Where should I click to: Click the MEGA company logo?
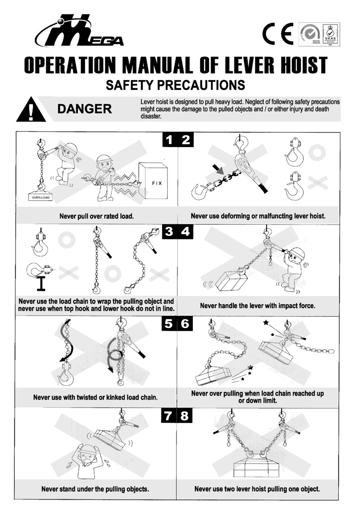[79, 31]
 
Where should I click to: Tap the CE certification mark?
[278, 34]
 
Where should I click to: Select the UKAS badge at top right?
[331, 34]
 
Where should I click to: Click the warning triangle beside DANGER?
[31, 109]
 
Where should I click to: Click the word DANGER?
[85, 109]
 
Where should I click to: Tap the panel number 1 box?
[169, 140]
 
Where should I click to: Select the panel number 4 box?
[185, 231]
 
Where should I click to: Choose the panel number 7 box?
[168, 415]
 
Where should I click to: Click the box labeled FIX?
[153, 181]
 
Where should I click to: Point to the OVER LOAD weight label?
[40, 197]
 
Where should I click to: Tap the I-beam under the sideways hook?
[40, 284]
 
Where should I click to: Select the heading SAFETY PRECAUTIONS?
[175, 85]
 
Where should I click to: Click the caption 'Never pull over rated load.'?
[96, 216]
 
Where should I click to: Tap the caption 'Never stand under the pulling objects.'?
[95, 489]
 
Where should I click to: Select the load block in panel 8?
[258, 467]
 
